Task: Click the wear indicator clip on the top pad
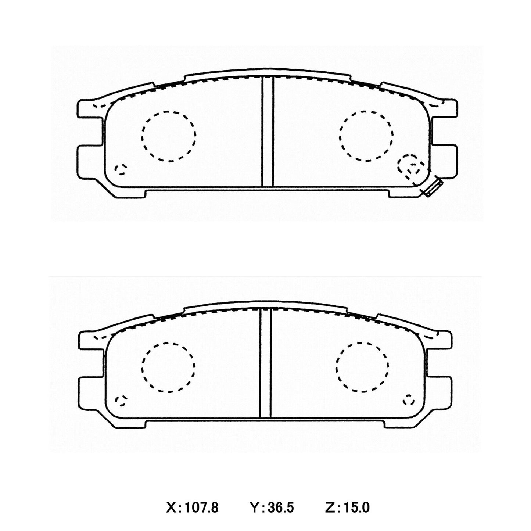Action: point(433,187)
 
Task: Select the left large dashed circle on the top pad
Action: point(169,136)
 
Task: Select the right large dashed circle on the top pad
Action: point(366,136)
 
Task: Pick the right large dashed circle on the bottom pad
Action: point(362,367)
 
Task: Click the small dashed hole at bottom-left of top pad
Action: point(120,169)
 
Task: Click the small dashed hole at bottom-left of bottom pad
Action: point(121,401)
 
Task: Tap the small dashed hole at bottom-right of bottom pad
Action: point(408,399)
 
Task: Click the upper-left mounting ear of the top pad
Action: point(89,109)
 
